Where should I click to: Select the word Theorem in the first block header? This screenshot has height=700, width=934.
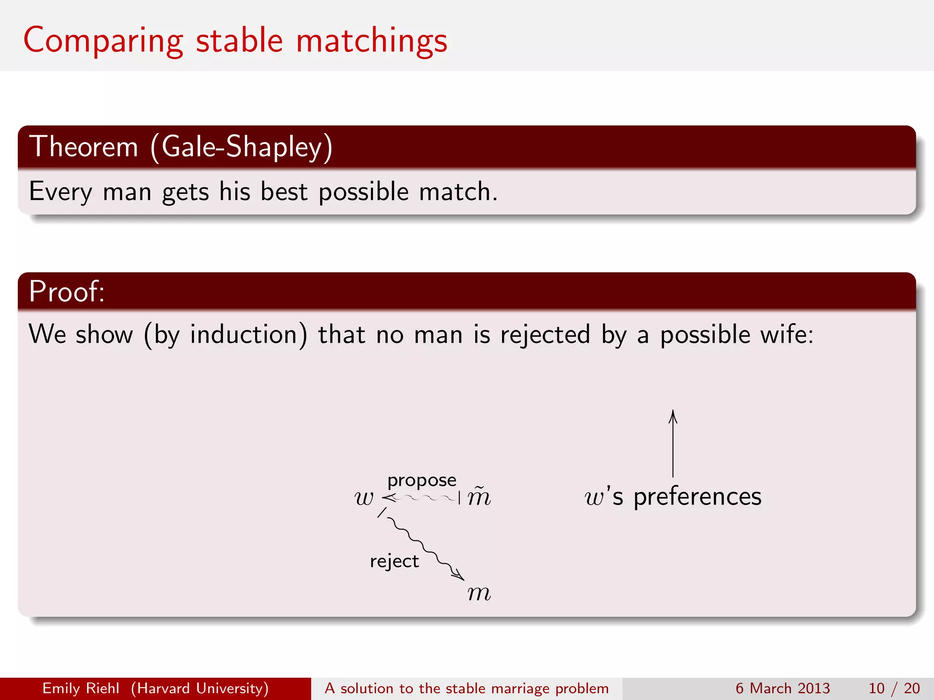[x=83, y=147]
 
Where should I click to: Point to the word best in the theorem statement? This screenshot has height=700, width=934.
[x=284, y=191]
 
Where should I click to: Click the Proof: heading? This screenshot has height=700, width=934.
[x=67, y=292]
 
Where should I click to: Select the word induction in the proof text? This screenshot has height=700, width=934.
[x=244, y=335]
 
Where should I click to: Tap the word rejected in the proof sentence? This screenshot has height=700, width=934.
[x=545, y=335]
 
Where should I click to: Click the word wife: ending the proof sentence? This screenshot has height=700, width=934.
[x=786, y=335]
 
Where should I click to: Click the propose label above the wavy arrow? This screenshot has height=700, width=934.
[x=421, y=480]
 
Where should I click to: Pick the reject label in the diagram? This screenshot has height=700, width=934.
[x=394, y=561]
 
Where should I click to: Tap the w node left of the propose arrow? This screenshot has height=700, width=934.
[x=364, y=498]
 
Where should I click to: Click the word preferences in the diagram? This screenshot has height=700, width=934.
[x=697, y=497]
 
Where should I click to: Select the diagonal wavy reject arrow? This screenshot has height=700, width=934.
[x=422, y=545]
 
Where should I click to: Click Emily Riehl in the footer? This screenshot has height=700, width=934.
[x=81, y=688]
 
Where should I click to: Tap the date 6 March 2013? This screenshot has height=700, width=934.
[x=782, y=688]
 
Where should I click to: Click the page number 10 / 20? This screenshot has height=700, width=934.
[x=894, y=688]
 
